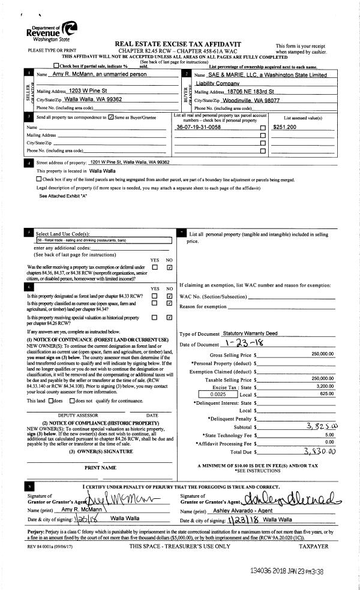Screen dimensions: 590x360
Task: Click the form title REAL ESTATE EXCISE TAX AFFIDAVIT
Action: pos(182,44)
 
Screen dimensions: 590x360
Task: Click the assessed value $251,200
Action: pos(284,128)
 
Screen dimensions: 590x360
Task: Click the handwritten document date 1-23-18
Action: pos(243,344)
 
